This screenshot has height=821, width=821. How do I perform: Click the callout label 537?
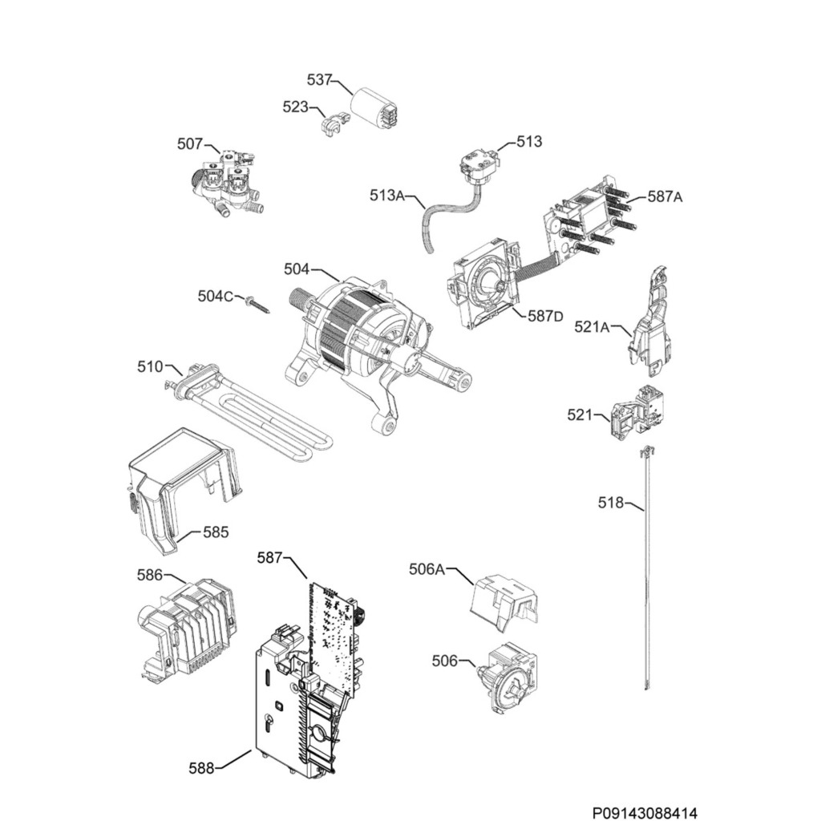pos(319,80)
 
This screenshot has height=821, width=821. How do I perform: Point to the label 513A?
pos(387,196)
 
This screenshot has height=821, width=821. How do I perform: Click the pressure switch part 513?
pos(478,166)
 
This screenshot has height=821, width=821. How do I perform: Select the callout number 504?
pos(297,269)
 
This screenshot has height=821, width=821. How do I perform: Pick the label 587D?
pos(545,316)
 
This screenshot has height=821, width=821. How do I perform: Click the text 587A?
pos(665,197)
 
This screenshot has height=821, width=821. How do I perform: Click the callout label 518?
pos(611,503)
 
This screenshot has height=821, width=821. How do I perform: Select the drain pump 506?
pos(505,677)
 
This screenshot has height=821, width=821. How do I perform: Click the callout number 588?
pos(201,769)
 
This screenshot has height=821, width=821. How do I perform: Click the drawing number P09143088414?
pos(645,813)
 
